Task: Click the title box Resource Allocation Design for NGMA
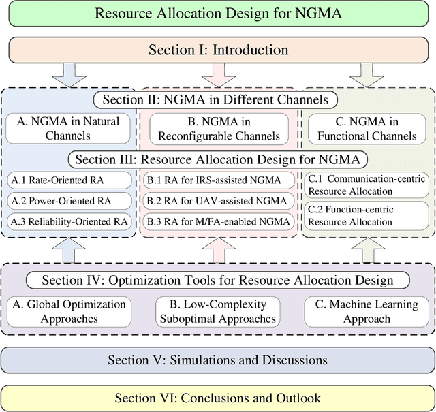(x=218, y=14)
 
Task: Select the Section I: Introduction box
(x=218, y=50)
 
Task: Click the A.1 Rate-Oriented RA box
(x=69, y=180)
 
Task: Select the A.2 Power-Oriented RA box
(x=69, y=201)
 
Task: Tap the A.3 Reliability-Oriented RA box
(x=69, y=221)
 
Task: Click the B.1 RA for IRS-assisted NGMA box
(x=218, y=180)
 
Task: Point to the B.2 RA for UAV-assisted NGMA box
(x=218, y=201)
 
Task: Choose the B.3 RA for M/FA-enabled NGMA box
(x=218, y=221)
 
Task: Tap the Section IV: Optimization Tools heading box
(x=218, y=280)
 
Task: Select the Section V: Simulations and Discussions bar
(x=218, y=360)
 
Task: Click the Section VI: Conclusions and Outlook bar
(x=218, y=398)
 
